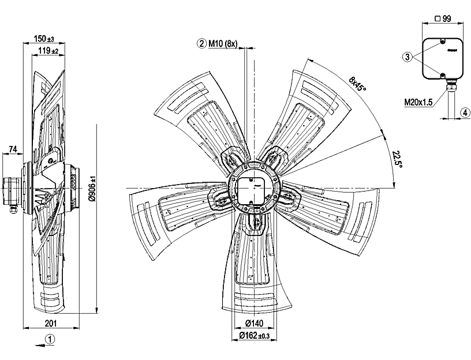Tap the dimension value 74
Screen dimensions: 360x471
click(13, 150)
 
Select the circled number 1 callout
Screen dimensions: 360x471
click(51, 339)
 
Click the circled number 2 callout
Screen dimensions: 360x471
click(201, 43)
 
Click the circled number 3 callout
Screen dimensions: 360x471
click(408, 57)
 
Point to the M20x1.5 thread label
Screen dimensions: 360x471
click(417, 103)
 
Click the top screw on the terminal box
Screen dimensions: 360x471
click(442, 42)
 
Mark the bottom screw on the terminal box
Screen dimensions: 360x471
click(442, 74)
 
